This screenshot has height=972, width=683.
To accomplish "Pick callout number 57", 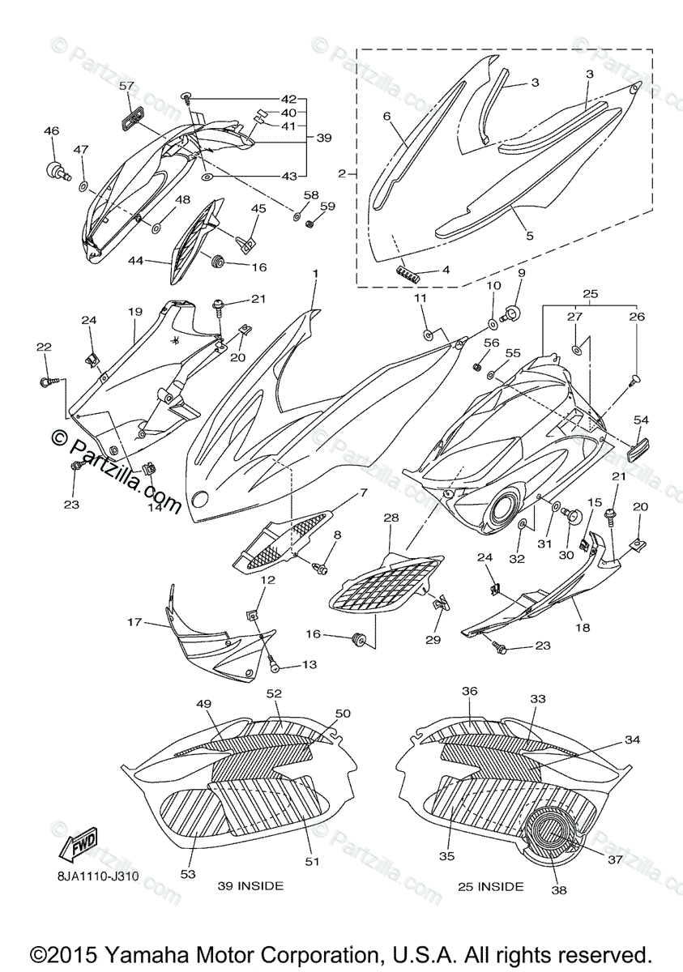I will pyautogui.click(x=127, y=85).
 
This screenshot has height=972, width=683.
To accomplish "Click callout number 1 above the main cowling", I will pyautogui.click(x=316, y=276).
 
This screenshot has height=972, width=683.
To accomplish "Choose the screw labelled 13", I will pyautogui.click(x=275, y=666).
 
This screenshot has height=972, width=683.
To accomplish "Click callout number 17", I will pyautogui.click(x=134, y=623).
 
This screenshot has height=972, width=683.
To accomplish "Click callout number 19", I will pyautogui.click(x=134, y=311).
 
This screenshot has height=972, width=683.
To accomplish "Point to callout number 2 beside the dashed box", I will pyautogui.click(x=342, y=173).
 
